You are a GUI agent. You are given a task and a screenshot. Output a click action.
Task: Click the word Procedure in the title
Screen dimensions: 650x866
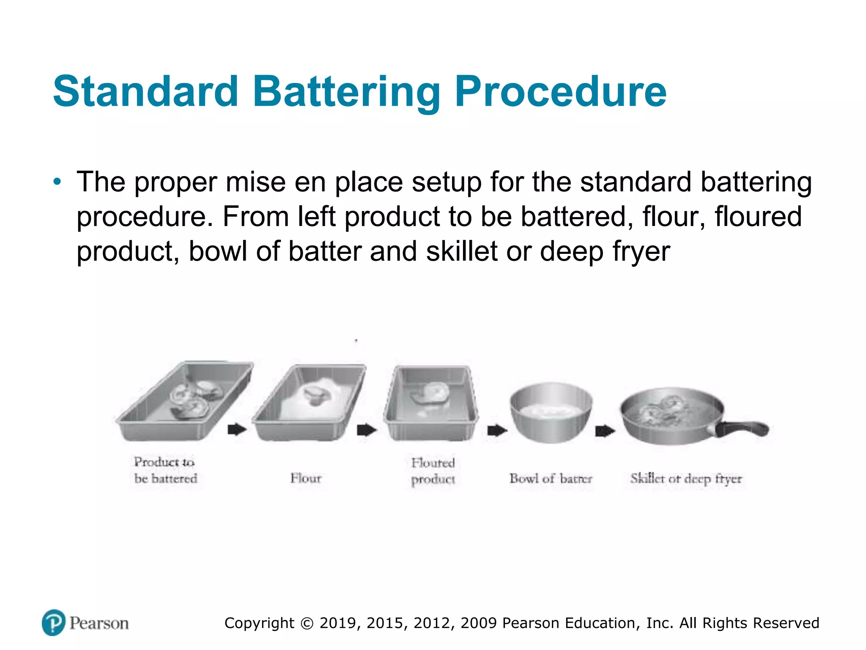click(x=560, y=92)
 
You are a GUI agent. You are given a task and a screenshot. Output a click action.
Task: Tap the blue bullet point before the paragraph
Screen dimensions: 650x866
click(x=57, y=182)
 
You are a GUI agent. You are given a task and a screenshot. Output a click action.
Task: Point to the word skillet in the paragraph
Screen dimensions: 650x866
click(x=462, y=251)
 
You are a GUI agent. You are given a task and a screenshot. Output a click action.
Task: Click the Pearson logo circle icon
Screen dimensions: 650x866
click(x=54, y=622)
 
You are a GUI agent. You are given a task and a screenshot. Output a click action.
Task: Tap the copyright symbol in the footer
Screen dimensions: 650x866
click(x=307, y=623)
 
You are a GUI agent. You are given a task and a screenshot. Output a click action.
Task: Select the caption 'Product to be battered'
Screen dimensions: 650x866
click(x=165, y=470)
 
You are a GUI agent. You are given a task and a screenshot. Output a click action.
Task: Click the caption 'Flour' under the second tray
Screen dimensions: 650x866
click(x=306, y=478)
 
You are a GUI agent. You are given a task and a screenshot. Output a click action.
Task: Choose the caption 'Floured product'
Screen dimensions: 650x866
click(x=433, y=471)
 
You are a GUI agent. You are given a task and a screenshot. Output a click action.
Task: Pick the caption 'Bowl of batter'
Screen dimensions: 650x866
click(x=551, y=479)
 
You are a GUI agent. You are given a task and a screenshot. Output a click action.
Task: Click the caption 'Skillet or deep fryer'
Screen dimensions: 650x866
click(x=686, y=479)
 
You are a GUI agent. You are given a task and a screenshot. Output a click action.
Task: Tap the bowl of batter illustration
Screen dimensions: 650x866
click(x=551, y=413)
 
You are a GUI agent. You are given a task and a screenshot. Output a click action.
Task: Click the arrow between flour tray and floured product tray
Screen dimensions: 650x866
click(x=366, y=430)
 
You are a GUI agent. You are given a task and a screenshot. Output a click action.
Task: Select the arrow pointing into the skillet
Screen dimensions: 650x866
click(x=605, y=431)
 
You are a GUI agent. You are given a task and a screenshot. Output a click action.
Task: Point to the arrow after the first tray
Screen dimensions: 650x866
click(x=237, y=429)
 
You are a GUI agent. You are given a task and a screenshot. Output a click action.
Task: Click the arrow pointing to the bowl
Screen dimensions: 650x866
click(x=497, y=431)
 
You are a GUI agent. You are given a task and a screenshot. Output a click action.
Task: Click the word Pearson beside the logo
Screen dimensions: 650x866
click(x=99, y=623)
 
